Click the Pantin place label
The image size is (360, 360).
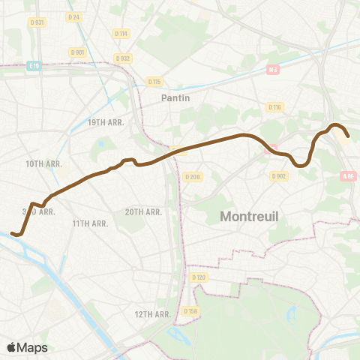pos(176,97)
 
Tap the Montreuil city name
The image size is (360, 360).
pos(249,216)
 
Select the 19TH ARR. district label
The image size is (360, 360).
pos(105,121)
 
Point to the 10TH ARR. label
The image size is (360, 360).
pos(43,163)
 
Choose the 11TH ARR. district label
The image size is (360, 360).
pos(91,223)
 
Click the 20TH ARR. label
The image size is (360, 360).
pos(144,212)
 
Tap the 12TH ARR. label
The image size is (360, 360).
pos(152,313)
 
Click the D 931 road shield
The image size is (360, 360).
pos(37,23)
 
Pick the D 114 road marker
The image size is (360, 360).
pos(121,33)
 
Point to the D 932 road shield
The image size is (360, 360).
pos(122,58)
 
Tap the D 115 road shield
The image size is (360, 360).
pos(154,81)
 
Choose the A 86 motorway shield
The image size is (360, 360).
pos(348,176)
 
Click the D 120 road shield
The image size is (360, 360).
pos(199,277)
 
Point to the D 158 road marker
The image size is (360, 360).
pos(191,311)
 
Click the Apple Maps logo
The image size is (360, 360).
pos(27,347)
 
